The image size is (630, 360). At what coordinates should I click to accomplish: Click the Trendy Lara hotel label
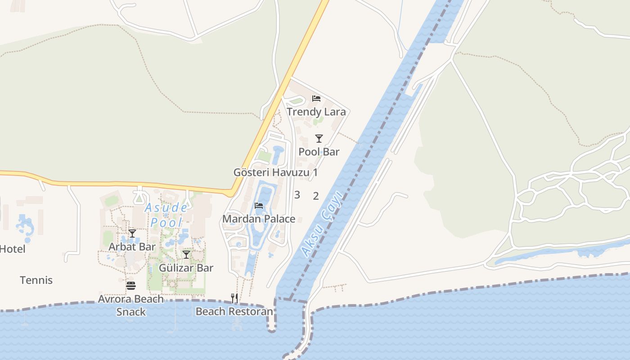tap(316, 112)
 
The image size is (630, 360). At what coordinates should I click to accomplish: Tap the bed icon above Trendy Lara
tap(316, 99)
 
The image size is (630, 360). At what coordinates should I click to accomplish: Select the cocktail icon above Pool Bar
tap(319, 138)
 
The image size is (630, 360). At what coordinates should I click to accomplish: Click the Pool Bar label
tap(319, 152)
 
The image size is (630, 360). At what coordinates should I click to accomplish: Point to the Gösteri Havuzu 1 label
tap(275, 172)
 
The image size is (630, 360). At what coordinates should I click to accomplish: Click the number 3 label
tap(297, 195)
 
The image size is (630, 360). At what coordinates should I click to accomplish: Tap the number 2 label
tap(316, 196)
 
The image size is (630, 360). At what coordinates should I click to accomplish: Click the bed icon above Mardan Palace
tap(259, 206)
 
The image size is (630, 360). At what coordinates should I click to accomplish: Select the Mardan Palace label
tap(259, 219)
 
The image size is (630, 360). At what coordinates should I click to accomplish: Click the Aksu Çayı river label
tap(322, 224)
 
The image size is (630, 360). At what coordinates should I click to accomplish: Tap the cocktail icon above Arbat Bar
tap(132, 233)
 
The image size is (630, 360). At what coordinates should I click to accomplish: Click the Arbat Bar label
tap(132, 247)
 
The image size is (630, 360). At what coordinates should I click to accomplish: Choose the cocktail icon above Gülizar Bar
tap(186, 255)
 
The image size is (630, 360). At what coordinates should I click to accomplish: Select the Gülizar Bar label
tap(186, 268)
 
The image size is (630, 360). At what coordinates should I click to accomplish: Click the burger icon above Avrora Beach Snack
tap(131, 285)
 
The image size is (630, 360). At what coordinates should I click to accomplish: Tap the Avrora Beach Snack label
tap(131, 305)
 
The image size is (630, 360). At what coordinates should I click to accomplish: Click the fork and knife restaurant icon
tap(234, 298)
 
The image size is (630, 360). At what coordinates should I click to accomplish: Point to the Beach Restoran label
tap(234, 311)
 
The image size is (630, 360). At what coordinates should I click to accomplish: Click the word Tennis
tap(36, 280)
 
